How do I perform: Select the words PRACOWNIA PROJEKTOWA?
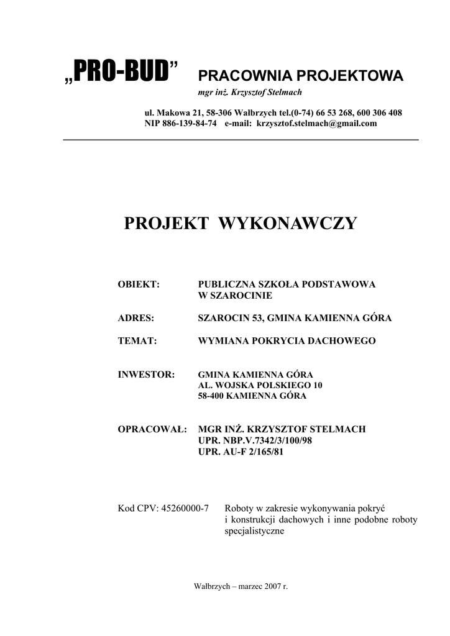300,76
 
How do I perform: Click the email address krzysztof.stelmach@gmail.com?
316,124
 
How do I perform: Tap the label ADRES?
136,319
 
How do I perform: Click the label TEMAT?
137,341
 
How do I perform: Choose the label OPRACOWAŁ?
152,429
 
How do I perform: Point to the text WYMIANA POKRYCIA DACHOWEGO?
287,341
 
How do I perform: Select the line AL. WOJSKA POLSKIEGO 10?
260,386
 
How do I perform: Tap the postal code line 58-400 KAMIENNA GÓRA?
252,396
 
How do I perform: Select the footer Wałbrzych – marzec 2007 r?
241,587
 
